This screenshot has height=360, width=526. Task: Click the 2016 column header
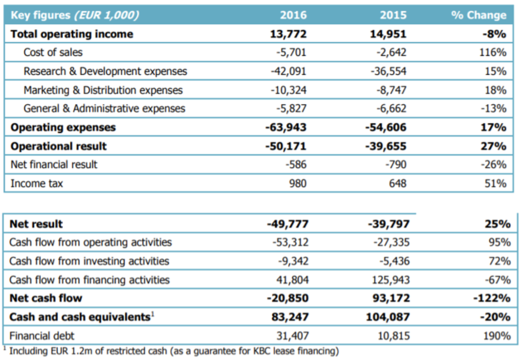click(293, 15)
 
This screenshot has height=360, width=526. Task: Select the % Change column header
click(479, 15)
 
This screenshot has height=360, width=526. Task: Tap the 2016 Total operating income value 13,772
click(289, 34)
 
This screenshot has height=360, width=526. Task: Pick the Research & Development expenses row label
click(105, 71)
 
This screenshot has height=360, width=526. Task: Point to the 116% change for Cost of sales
click(493, 52)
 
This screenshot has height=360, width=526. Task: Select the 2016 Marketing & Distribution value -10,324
click(289, 90)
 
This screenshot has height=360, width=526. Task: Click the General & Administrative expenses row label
click(104, 109)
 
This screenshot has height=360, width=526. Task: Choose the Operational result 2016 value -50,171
click(286, 146)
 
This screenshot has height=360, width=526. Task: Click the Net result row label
click(36, 224)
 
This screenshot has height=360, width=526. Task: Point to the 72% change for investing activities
click(500, 261)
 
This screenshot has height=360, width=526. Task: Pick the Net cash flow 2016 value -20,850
click(288, 298)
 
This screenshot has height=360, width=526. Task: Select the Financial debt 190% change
click(497, 335)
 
